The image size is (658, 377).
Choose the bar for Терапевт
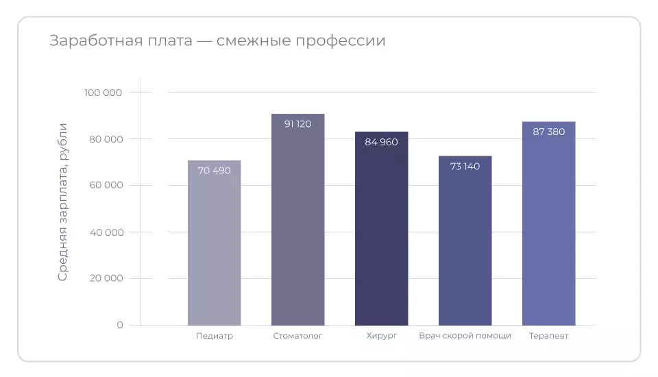[548, 226]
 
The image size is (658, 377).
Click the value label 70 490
[214, 171]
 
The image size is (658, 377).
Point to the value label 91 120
[297, 124]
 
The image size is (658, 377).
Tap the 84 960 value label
[381, 142]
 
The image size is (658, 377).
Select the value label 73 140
[465, 167]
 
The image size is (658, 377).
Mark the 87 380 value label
[548, 132]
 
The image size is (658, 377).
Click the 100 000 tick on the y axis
[103, 93]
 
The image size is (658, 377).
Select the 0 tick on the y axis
[120, 325]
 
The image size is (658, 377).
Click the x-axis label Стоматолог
[297, 336]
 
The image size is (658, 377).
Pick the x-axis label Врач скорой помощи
[465, 336]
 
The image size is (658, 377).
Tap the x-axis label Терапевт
[548, 336]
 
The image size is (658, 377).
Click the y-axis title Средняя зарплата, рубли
[63, 202]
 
